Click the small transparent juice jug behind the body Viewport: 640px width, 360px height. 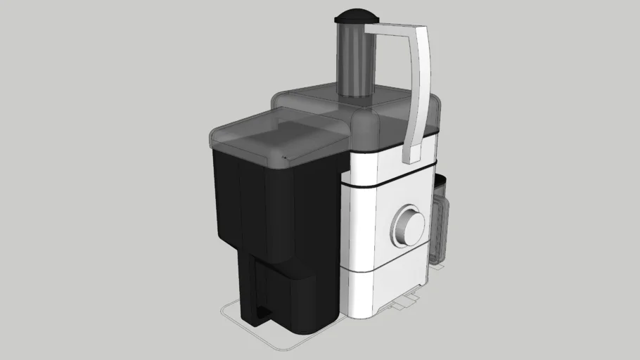[440, 221]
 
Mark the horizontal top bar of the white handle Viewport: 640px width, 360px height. [394, 29]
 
